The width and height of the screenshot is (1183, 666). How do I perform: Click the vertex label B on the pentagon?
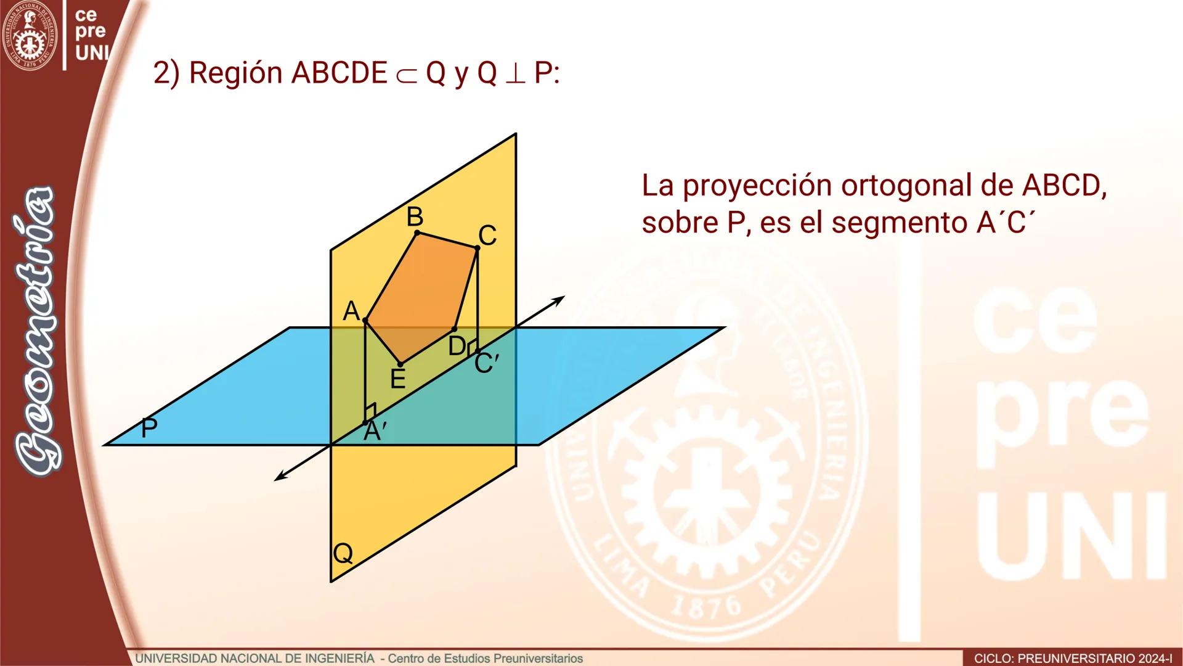click(x=415, y=217)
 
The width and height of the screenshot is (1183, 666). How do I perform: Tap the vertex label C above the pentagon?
click(x=487, y=236)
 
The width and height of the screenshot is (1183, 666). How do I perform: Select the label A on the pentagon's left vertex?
click(x=351, y=311)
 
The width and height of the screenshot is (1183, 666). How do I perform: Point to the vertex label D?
click(x=457, y=347)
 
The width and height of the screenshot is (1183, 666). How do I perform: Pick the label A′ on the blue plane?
click(x=375, y=432)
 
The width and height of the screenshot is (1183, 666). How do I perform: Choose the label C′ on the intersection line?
click(x=486, y=363)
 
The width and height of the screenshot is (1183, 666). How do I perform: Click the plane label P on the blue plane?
click(x=148, y=428)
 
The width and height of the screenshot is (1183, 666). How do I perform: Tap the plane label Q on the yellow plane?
click(x=343, y=553)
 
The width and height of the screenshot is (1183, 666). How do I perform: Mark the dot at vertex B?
click(x=417, y=232)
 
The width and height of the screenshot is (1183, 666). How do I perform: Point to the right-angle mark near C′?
click(x=472, y=347)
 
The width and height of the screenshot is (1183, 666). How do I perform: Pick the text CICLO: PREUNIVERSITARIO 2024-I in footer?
click(x=1073, y=659)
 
